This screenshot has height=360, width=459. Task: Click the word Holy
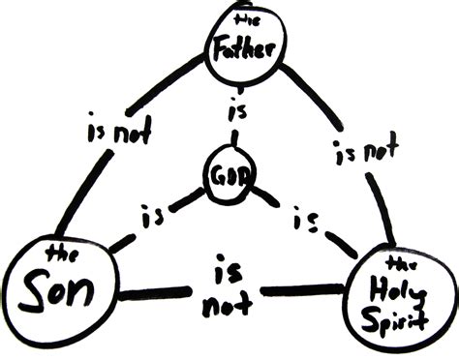click(398, 288)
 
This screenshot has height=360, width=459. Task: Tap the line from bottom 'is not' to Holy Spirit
click(301, 289)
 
